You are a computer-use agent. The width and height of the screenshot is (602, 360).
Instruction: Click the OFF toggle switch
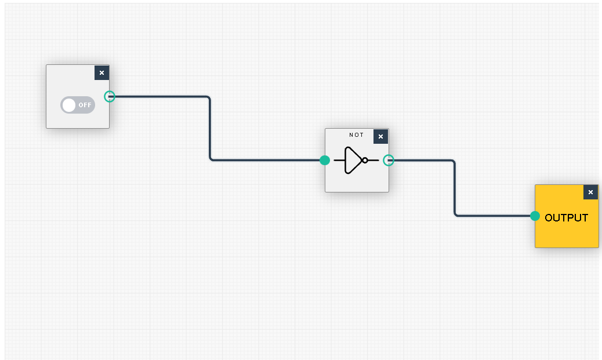pyautogui.click(x=78, y=105)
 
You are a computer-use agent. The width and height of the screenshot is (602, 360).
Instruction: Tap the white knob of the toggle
pyautogui.click(x=69, y=105)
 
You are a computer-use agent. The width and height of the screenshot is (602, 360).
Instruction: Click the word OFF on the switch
pyautogui.click(x=85, y=105)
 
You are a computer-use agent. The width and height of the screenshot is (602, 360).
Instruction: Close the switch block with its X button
pyautogui.click(x=101, y=72)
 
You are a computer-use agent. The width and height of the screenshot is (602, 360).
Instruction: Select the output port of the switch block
pyautogui.click(x=110, y=96)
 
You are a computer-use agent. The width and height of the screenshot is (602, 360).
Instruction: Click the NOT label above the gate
pyautogui.click(x=356, y=135)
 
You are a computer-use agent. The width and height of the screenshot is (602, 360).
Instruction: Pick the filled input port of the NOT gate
pyautogui.click(x=325, y=160)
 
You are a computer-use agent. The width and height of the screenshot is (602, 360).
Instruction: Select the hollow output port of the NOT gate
pyautogui.click(x=389, y=160)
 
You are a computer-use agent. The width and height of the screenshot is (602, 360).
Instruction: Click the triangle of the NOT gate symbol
pyautogui.click(x=352, y=160)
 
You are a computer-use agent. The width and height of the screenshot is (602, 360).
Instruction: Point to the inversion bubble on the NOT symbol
pyautogui.click(x=365, y=160)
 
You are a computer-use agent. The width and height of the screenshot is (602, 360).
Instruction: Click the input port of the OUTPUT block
pyautogui.click(x=535, y=216)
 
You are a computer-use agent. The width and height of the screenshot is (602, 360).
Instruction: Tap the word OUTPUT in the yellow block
pyautogui.click(x=566, y=218)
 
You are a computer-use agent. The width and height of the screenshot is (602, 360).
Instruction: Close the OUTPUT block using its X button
pyautogui.click(x=590, y=192)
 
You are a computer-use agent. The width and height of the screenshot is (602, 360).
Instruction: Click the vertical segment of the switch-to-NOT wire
pyautogui.click(x=210, y=128)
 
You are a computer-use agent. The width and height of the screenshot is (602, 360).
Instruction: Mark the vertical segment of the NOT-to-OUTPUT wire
pyautogui.click(x=455, y=188)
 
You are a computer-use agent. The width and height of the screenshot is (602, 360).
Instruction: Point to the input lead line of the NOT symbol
pyautogui.click(x=339, y=160)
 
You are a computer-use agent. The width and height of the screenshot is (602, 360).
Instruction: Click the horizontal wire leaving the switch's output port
pyautogui.click(x=159, y=97)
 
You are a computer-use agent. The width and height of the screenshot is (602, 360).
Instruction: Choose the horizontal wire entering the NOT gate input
pyautogui.click(x=267, y=160)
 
